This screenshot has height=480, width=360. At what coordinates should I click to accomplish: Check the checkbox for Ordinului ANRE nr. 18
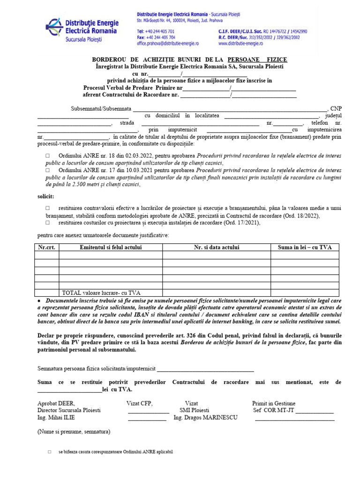click(x=47, y=156)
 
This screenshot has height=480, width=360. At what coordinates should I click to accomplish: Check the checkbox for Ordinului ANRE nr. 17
click(x=47, y=170)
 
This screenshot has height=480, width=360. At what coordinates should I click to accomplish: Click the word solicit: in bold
click(x=45, y=196)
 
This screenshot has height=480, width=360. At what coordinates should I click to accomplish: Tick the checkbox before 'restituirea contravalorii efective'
click(x=47, y=208)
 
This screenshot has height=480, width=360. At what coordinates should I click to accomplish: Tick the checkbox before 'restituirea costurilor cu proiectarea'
click(x=47, y=223)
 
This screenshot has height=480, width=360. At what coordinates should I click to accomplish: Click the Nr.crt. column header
click(x=46, y=247)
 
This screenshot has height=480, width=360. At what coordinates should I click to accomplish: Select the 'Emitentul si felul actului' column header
click(x=111, y=247)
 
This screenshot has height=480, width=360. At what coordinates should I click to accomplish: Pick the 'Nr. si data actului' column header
click(x=217, y=247)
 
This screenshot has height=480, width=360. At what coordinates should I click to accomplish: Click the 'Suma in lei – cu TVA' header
click(x=305, y=247)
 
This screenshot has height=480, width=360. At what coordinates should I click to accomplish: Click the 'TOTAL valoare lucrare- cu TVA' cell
click(x=105, y=292)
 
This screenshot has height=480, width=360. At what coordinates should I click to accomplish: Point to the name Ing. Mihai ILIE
click(x=56, y=417)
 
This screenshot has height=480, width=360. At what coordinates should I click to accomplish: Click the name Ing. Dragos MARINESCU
click(x=205, y=417)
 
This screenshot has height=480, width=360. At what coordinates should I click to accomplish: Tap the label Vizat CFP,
click(x=140, y=403)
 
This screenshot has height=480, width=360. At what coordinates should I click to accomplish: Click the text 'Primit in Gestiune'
click(x=274, y=403)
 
